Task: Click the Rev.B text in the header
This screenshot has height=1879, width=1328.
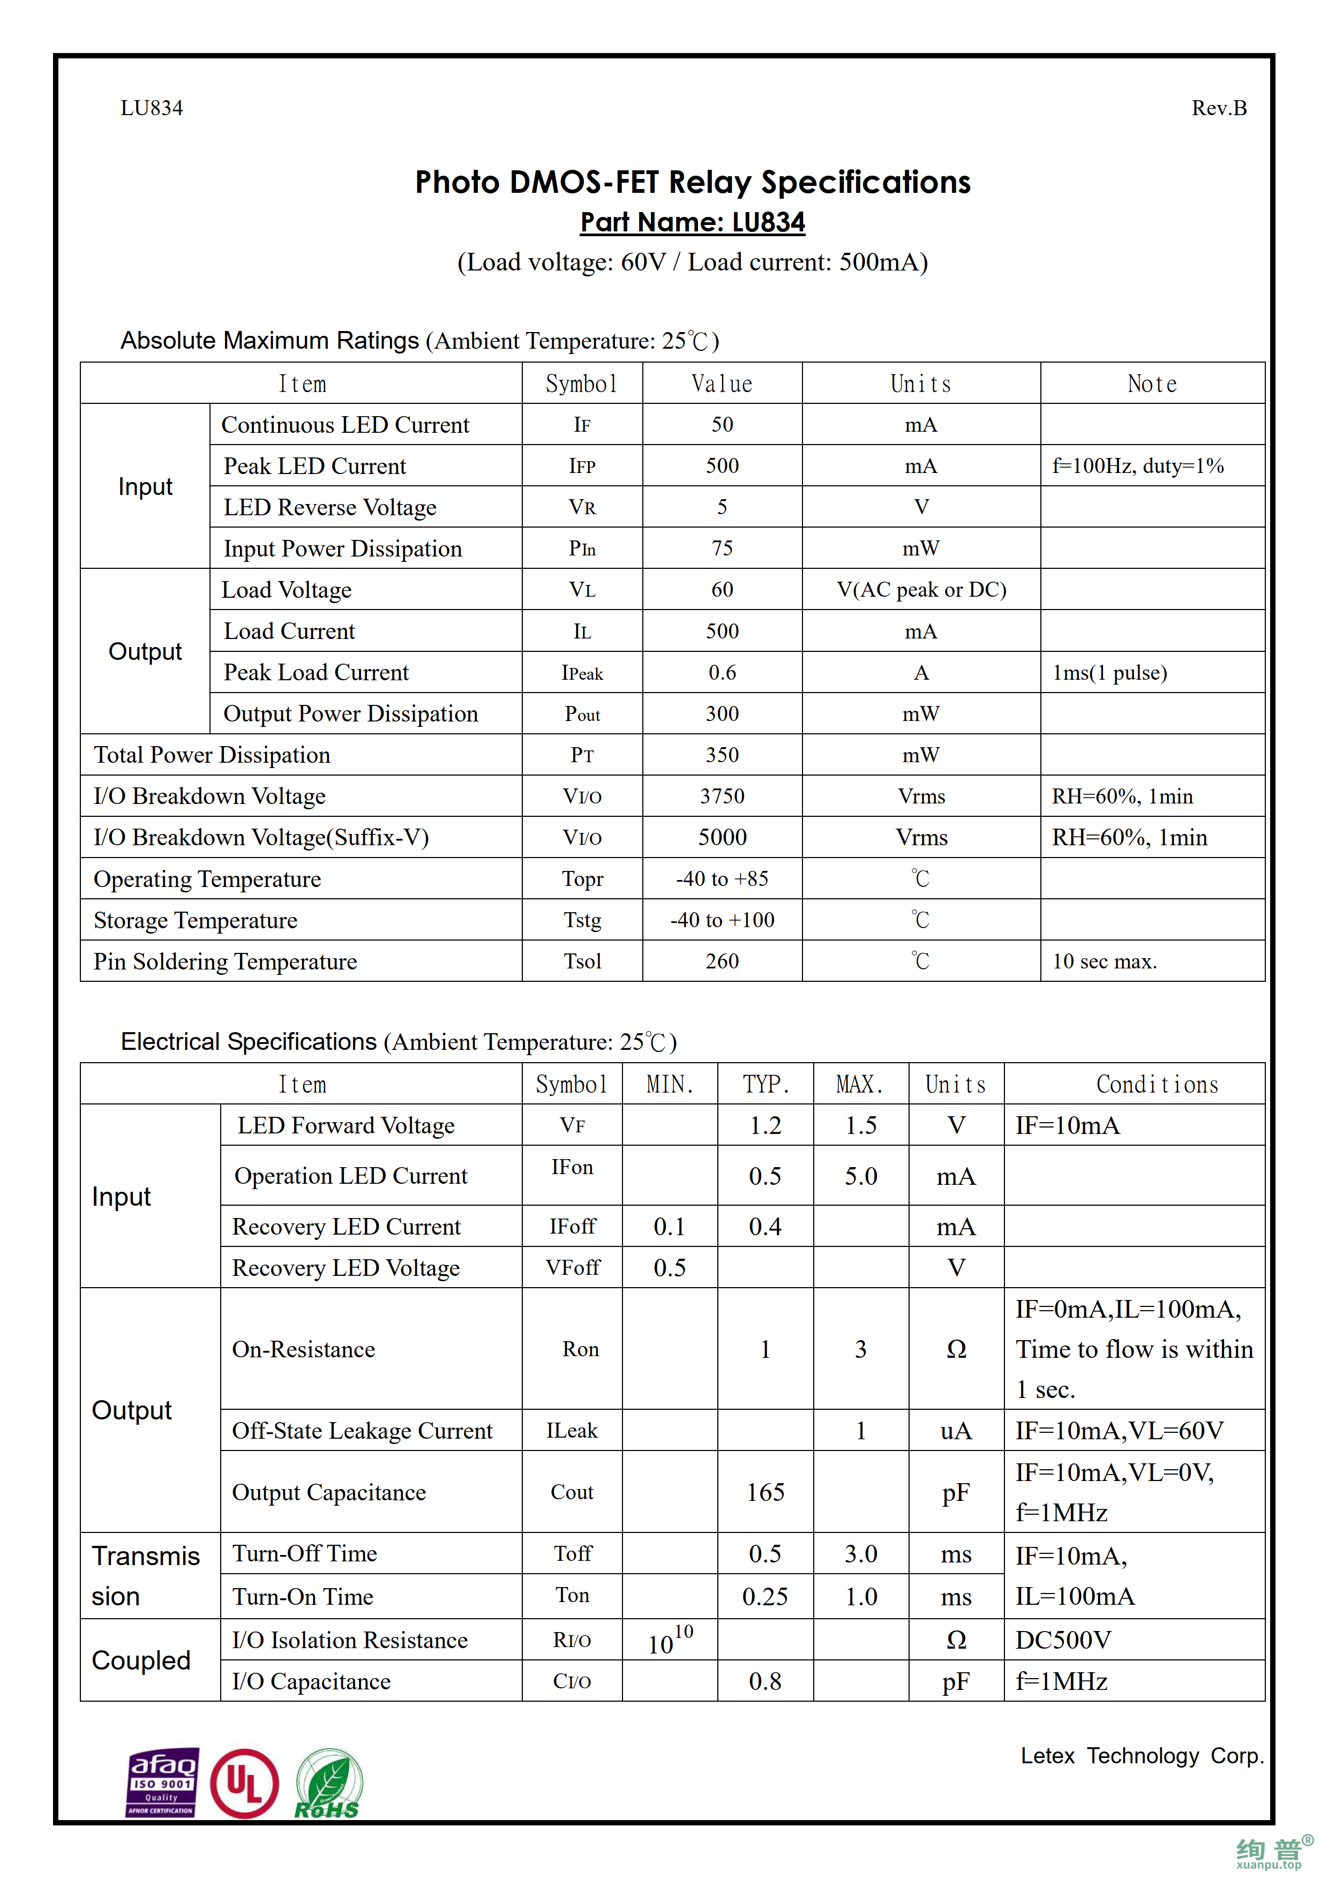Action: pos(1218,108)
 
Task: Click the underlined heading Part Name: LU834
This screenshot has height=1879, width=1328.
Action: pos(692,223)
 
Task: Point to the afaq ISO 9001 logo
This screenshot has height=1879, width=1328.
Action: pos(162,1783)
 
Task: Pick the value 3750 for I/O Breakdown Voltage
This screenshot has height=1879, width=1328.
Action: pos(722,796)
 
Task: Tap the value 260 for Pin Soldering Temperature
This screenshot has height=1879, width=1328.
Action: pos(722,961)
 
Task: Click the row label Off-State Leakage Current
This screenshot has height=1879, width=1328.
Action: pos(362,1431)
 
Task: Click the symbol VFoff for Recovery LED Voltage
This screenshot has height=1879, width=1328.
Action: pos(573,1268)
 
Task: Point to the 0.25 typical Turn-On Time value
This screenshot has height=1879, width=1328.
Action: pos(765,1597)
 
